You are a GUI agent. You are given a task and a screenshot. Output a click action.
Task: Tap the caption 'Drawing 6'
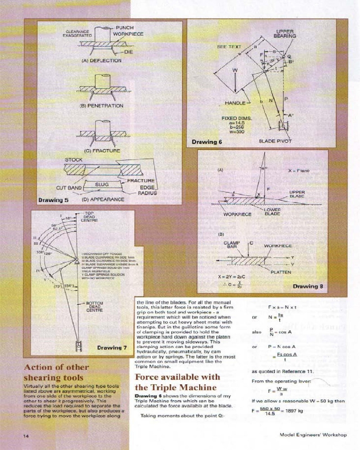pos(207,142)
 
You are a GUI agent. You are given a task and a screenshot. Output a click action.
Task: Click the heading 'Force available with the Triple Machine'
pos(177,382)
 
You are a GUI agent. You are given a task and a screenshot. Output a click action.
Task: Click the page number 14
pos(27,435)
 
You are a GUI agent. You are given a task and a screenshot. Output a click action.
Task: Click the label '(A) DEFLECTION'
pos(101,60)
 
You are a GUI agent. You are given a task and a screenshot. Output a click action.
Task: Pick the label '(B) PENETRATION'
pos(101,106)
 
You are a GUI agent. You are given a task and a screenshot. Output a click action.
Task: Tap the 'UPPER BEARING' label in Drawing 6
pos(285,34)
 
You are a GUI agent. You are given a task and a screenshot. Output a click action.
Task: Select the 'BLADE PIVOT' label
pos(275,141)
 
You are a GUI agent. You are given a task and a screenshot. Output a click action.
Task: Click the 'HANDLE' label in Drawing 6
pos(235,103)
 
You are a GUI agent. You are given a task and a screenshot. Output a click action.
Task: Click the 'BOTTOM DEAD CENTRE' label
pos(94,306)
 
